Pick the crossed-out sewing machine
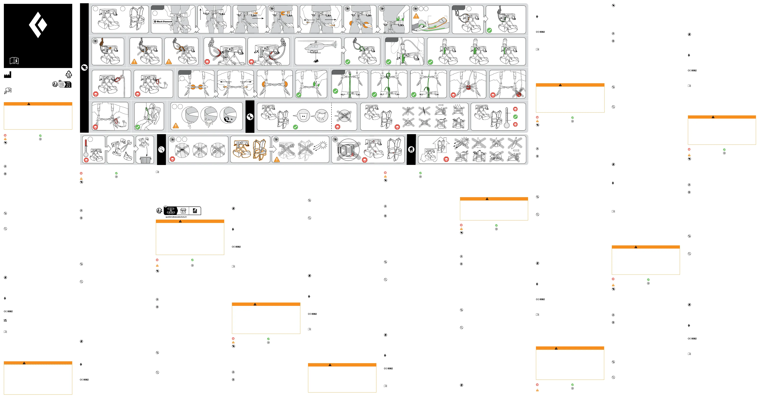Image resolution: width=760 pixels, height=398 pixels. [424, 123]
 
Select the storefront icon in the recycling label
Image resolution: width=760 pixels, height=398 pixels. [183, 211]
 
